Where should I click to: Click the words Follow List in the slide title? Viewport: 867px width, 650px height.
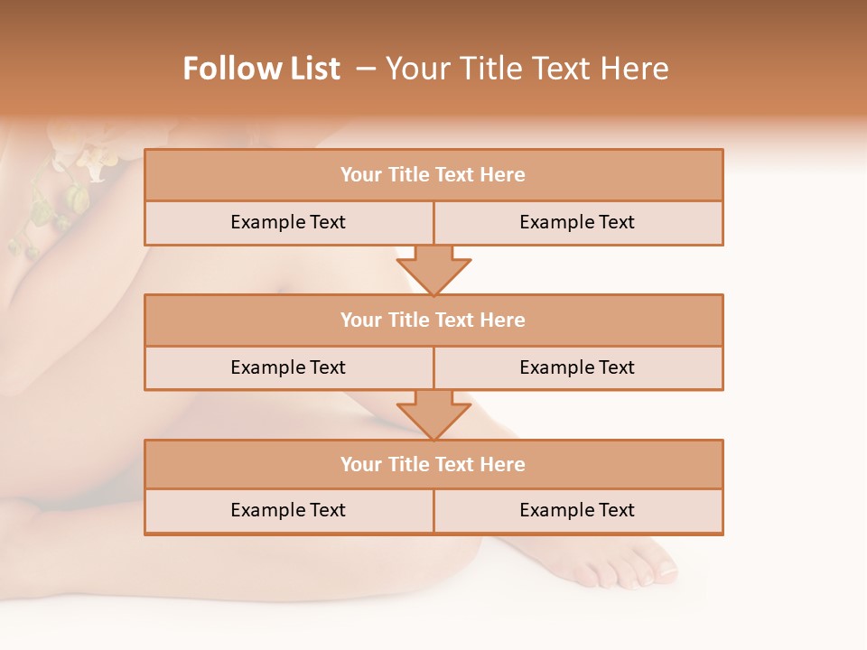pos(261,69)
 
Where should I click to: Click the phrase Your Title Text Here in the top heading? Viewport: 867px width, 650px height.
pos(527,69)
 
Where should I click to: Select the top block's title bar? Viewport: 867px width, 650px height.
pos(433,175)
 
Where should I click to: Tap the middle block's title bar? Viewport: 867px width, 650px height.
pos(433,320)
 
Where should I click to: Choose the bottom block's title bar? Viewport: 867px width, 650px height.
pos(433,465)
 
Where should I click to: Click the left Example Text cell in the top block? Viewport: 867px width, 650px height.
pos(288,223)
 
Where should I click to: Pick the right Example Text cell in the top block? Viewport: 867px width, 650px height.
pos(577,223)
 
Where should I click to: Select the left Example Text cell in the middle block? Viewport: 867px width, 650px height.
pos(288,368)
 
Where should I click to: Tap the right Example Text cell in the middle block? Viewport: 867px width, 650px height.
pos(577,368)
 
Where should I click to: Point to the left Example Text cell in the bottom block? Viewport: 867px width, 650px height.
pos(288,511)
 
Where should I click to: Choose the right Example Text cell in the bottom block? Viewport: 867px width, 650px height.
pos(577,511)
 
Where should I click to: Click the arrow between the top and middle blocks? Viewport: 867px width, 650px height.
pos(433,270)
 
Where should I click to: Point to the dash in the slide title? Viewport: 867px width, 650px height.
pos(366,69)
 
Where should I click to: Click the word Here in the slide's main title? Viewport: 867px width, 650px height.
pos(638,69)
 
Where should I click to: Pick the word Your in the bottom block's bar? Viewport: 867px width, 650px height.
pos(361,465)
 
